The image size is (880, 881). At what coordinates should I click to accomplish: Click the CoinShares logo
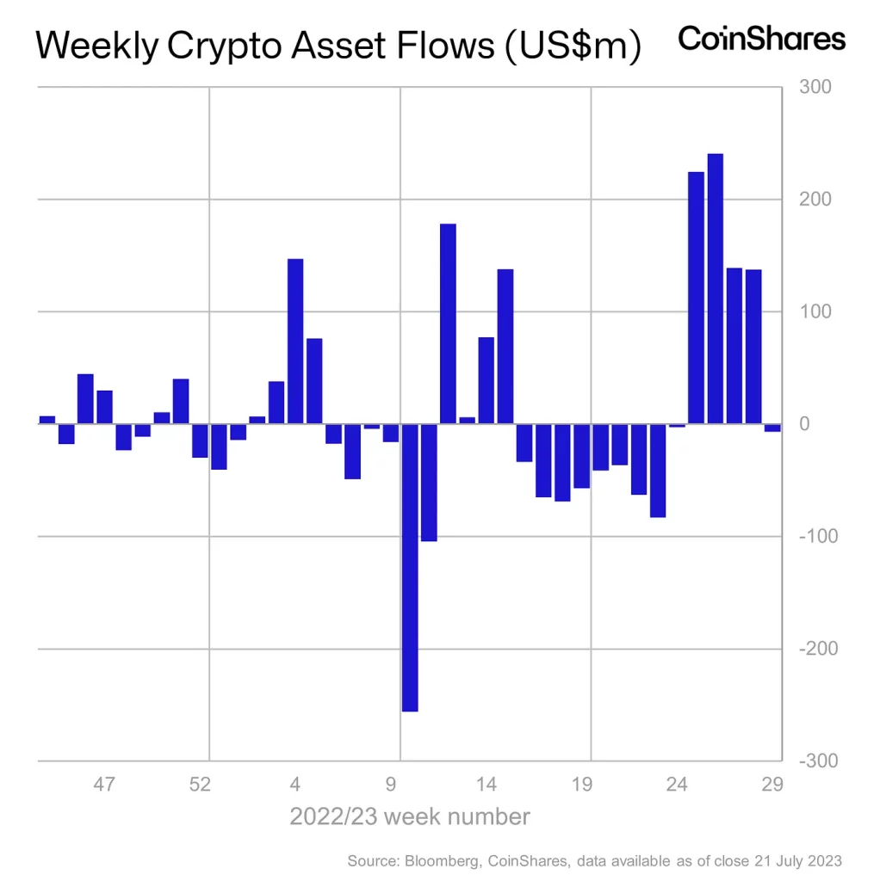click(761, 39)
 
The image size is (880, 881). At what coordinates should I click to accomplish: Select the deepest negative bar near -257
click(410, 567)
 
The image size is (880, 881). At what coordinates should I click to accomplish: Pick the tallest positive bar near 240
click(715, 288)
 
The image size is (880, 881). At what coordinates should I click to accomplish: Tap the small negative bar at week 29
click(772, 427)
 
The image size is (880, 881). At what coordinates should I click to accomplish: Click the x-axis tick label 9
click(391, 785)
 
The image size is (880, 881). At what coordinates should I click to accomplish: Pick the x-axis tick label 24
click(678, 785)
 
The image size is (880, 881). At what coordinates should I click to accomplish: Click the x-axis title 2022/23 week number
click(409, 816)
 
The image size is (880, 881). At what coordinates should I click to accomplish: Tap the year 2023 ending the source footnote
click(822, 860)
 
